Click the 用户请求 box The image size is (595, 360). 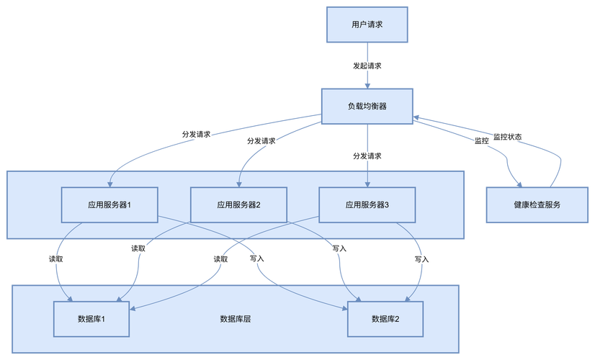[x=367, y=24]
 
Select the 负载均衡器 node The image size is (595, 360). [x=367, y=107]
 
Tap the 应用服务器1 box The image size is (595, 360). [x=109, y=204]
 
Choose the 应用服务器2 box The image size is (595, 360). [x=238, y=204]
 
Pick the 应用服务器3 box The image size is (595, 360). [x=367, y=204]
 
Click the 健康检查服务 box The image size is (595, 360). [x=537, y=204]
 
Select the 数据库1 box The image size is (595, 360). [x=91, y=319]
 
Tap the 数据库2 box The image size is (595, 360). [x=385, y=319]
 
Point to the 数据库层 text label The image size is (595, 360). [x=236, y=319]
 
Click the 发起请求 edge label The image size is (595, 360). [x=367, y=66]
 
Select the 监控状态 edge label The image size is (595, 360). [x=508, y=136]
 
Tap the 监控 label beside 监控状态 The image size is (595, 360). [x=481, y=141]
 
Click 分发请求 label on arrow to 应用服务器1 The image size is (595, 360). [x=197, y=134]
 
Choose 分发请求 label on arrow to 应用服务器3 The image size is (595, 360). [x=367, y=156]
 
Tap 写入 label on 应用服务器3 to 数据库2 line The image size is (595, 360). [x=422, y=258]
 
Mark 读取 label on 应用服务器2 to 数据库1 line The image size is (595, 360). [x=138, y=248]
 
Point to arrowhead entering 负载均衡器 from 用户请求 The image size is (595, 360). [x=367, y=86]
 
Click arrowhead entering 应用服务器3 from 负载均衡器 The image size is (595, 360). [x=367, y=184]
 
